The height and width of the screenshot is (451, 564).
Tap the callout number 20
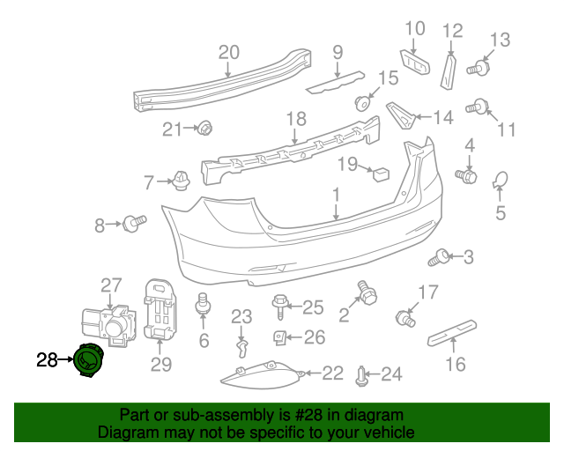(x=228, y=52)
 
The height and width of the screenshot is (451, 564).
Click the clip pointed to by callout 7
(x=182, y=181)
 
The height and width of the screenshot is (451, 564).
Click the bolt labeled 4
(x=467, y=176)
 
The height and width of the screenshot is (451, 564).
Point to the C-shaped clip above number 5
(x=500, y=181)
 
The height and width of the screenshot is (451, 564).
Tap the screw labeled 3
(x=438, y=258)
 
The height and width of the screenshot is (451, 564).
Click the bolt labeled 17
(x=406, y=314)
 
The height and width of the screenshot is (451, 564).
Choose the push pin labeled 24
(x=363, y=377)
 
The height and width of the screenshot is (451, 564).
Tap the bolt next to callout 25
(x=281, y=306)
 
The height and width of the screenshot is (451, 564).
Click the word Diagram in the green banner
(x=126, y=433)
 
